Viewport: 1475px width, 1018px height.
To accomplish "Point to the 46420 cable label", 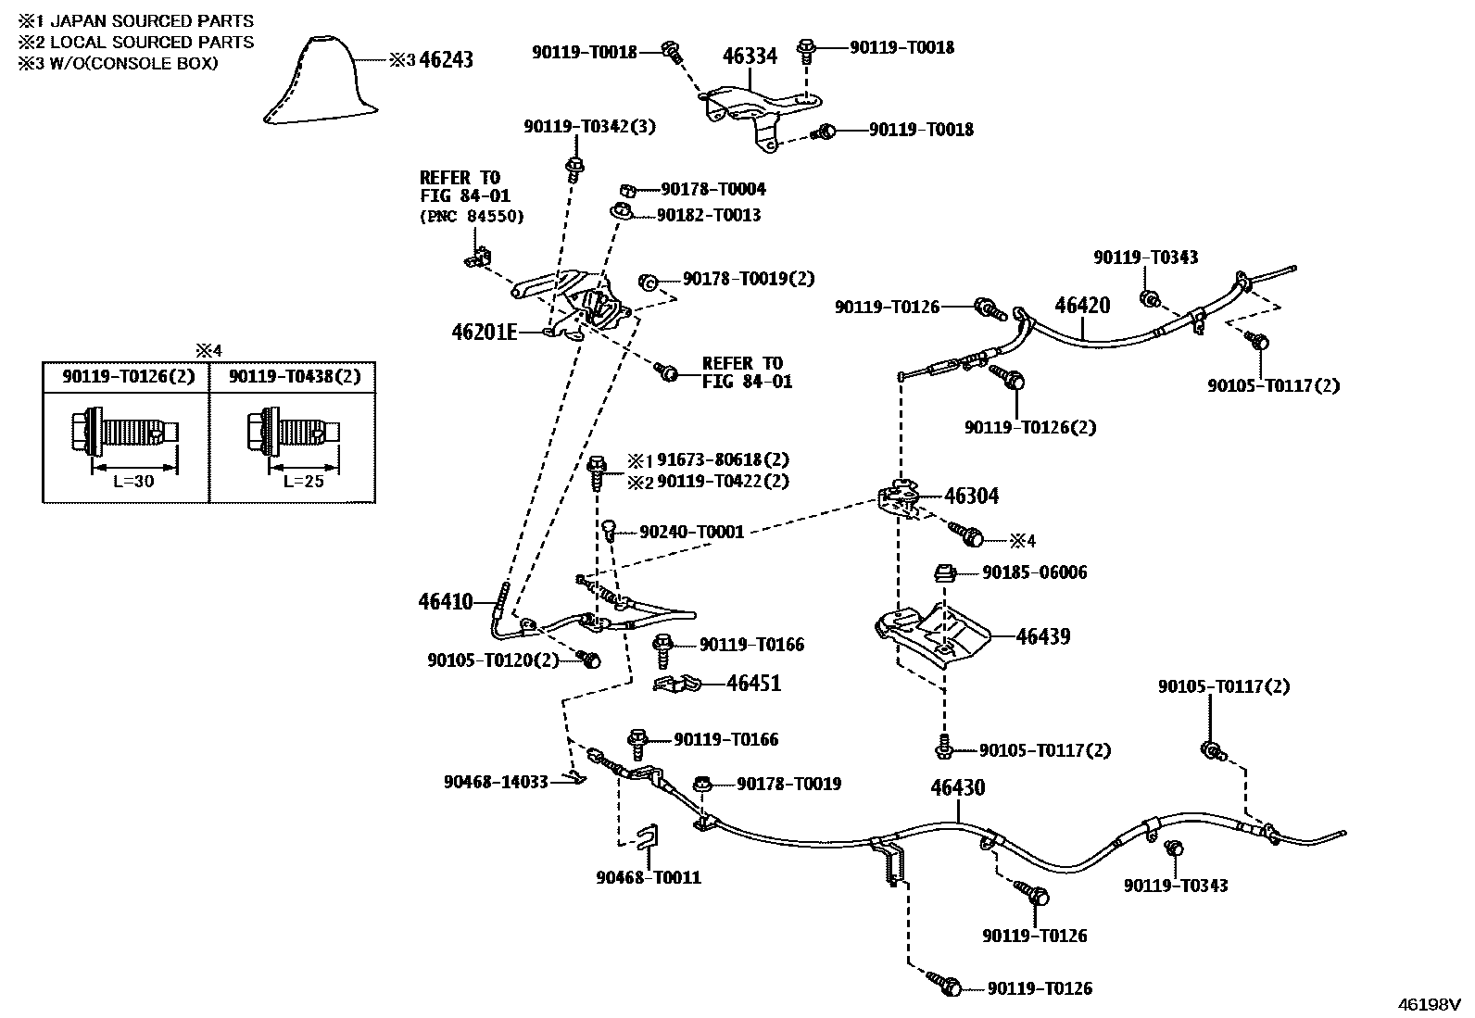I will coord(1082,305).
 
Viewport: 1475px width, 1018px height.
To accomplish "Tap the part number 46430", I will coord(957,788).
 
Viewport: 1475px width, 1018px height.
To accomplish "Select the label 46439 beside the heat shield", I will coord(1042,636).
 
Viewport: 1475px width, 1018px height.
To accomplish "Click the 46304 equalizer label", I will coord(971,496).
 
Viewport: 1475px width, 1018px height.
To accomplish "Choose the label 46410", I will coord(446,602).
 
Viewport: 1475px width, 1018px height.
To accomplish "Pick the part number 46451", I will coord(753,684).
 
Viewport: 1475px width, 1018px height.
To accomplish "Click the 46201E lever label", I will coord(484,332).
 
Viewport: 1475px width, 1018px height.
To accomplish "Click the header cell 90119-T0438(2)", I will coord(294,376).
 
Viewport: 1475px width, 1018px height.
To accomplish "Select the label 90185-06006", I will coord(1034,572).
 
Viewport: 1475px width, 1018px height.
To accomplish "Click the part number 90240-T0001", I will coord(691,533).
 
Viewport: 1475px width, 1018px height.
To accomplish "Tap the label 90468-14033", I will coord(496,782).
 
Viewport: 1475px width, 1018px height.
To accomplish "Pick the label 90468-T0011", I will coord(649,877).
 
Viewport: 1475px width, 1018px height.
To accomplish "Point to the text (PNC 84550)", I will coord(472,216).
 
